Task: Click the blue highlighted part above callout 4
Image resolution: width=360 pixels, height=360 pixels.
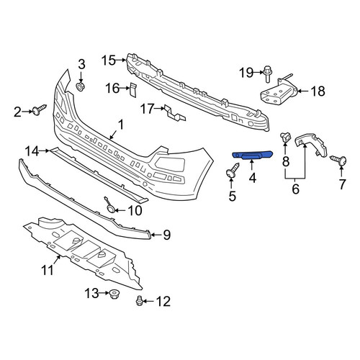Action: point(252,155)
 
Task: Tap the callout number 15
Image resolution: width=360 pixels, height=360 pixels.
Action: point(109,60)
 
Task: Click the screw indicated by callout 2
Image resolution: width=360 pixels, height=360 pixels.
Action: point(40,109)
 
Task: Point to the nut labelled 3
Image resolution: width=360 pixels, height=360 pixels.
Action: point(80,86)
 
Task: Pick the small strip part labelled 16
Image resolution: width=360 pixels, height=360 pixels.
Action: point(133,90)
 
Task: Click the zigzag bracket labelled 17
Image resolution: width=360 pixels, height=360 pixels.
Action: point(175,113)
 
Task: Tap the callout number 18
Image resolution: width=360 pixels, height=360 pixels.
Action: point(318,91)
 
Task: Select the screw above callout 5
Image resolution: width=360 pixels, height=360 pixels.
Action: point(233,171)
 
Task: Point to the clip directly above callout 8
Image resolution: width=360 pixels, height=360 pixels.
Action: point(285,137)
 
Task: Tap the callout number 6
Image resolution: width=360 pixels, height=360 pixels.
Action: point(295,189)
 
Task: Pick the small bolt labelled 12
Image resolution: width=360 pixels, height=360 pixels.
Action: point(139,301)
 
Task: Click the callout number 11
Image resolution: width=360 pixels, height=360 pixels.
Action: point(48,270)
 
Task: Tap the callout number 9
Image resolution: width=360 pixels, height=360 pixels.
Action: point(167,235)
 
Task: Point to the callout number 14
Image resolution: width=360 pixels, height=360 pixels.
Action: point(32,151)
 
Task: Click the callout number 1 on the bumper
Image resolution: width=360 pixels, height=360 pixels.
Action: point(120,125)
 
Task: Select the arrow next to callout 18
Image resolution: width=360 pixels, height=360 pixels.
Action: point(302,91)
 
